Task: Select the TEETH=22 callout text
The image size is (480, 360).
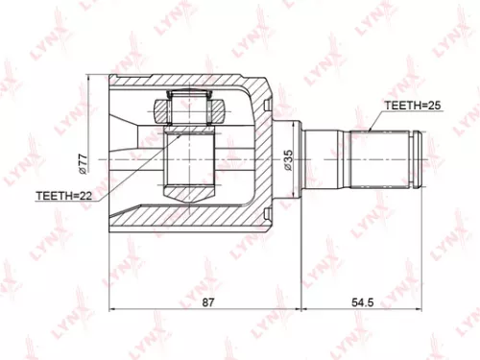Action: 65,195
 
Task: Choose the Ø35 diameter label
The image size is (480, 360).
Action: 287,159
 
